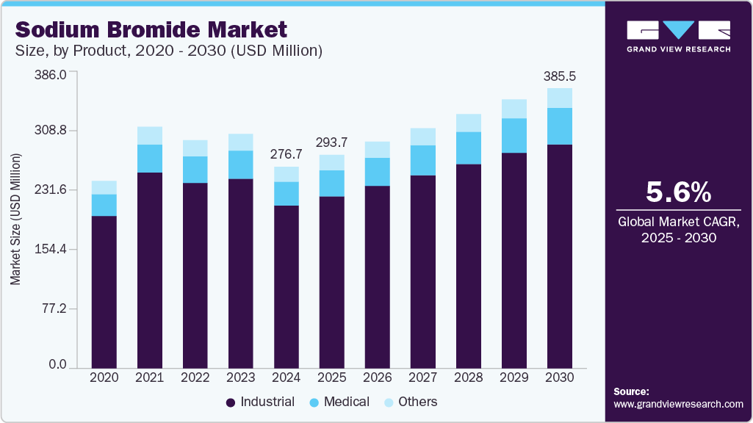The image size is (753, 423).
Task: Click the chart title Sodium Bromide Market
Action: pyautogui.click(x=151, y=30)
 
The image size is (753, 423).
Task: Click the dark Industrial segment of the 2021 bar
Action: pyautogui.click(x=150, y=269)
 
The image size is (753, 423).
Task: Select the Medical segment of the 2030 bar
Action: pyautogui.click(x=560, y=126)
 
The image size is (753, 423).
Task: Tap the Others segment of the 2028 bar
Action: pyautogui.click(x=469, y=123)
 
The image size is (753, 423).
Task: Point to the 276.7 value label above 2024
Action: pyautogui.click(x=287, y=154)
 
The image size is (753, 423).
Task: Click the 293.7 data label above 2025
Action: pyautogui.click(x=332, y=142)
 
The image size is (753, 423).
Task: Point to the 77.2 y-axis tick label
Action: pyautogui.click(x=54, y=308)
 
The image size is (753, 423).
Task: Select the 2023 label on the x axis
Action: pyautogui.click(x=241, y=377)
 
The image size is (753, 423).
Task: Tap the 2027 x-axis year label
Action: pyautogui.click(x=423, y=377)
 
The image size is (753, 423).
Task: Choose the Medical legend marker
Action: pyautogui.click(x=314, y=402)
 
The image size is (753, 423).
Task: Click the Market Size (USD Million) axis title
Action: pyautogui.click(x=15, y=220)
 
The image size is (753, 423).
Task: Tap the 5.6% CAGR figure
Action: pyautogui.click(x=678, y=192)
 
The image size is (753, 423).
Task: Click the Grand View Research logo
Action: pyautogui.click(x=678, y=36)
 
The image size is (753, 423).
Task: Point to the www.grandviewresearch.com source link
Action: pyautogui.click(x=678, y=404)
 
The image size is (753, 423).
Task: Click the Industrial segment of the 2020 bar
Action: pyautogui.click(x=104, y=291)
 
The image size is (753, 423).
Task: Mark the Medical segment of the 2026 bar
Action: pyautogui.click(x=378, y=172)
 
